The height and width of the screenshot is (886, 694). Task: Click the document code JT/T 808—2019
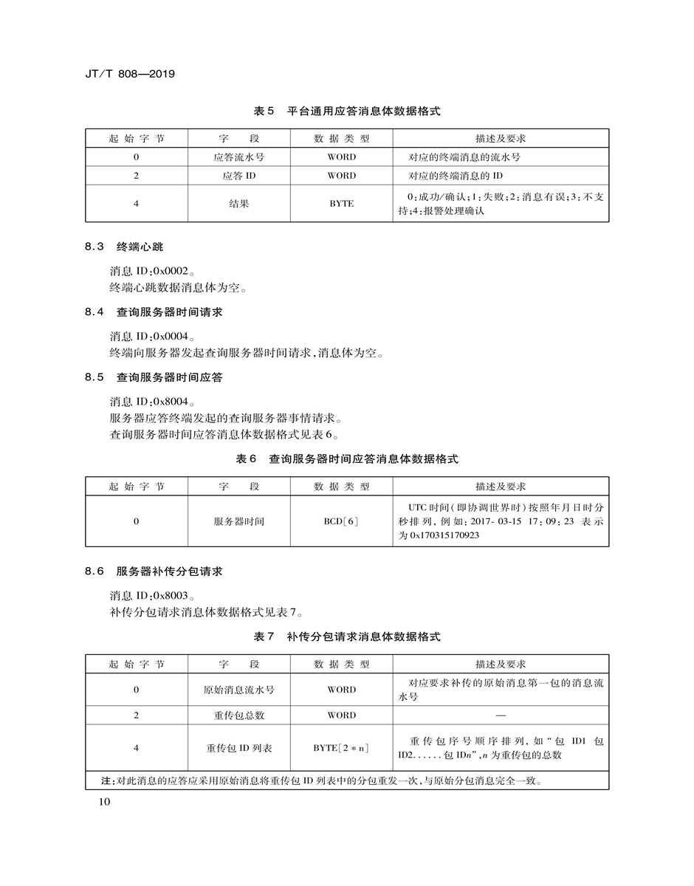pyautogui.click(x=129, y=75)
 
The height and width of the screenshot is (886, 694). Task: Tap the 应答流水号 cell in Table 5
pyautogui.click(x=238, y=157)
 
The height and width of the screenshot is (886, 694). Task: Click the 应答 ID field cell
pyautogui.click(x=238, y=176)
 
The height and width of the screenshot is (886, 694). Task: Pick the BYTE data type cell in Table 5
pyautogui.click(x=341, y=203)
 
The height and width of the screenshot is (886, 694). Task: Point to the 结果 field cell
pyautogui.click(x=238, y=203)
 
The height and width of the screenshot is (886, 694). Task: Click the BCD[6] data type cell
pyautogui.click(x=341, y=521)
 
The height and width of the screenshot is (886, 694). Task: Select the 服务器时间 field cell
pyautogui.click(x=238, y=521)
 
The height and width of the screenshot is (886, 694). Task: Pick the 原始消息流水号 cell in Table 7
pyautogui.click(x=238, y=690)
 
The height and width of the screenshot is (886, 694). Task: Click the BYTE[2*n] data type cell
pyautogui.click(x=341, y=748)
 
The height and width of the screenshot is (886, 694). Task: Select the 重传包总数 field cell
pyautogui.click(x=238, y=715)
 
